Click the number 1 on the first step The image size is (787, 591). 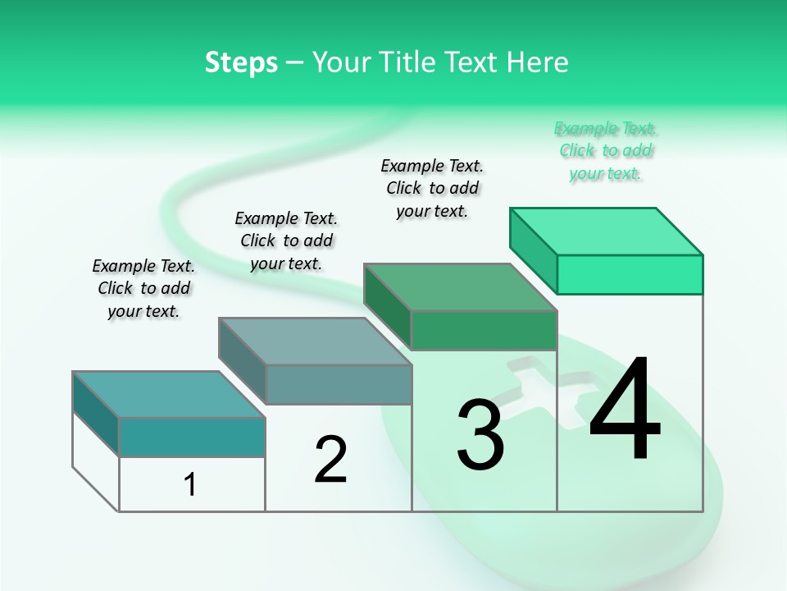pyautogui.click(x=190, y=484)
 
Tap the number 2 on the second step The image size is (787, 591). pyautogui.click(x=330, y=460)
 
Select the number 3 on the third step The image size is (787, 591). pyautogui.click(x=480, y=435)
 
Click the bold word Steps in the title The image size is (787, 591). pyautogui.click(x=241, y=62)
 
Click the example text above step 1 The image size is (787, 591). pyautogui.click(x=143, y=288)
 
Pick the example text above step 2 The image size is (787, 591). pyautogui.click(x=286, y=241)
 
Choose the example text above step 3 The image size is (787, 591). pyautogui.click(x=432, y=188)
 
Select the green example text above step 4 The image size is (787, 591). pyautogui.click(x=606, y=150)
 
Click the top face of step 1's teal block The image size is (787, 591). pyautogui.click(x=168, y=394)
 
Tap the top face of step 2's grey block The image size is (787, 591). pyautogui.click(x=314, y=341)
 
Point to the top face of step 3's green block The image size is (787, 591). pyautogui.click(x=459, y=287)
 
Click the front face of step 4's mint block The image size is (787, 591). pyautogui.click(x=630, y=274)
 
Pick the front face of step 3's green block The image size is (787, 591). pyautogui.click(x=484, y=330)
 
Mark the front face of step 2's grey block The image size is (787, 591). pyautogui.click(x=339, y=384)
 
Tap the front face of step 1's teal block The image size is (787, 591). pyautogui.click(x=192, y=437)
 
